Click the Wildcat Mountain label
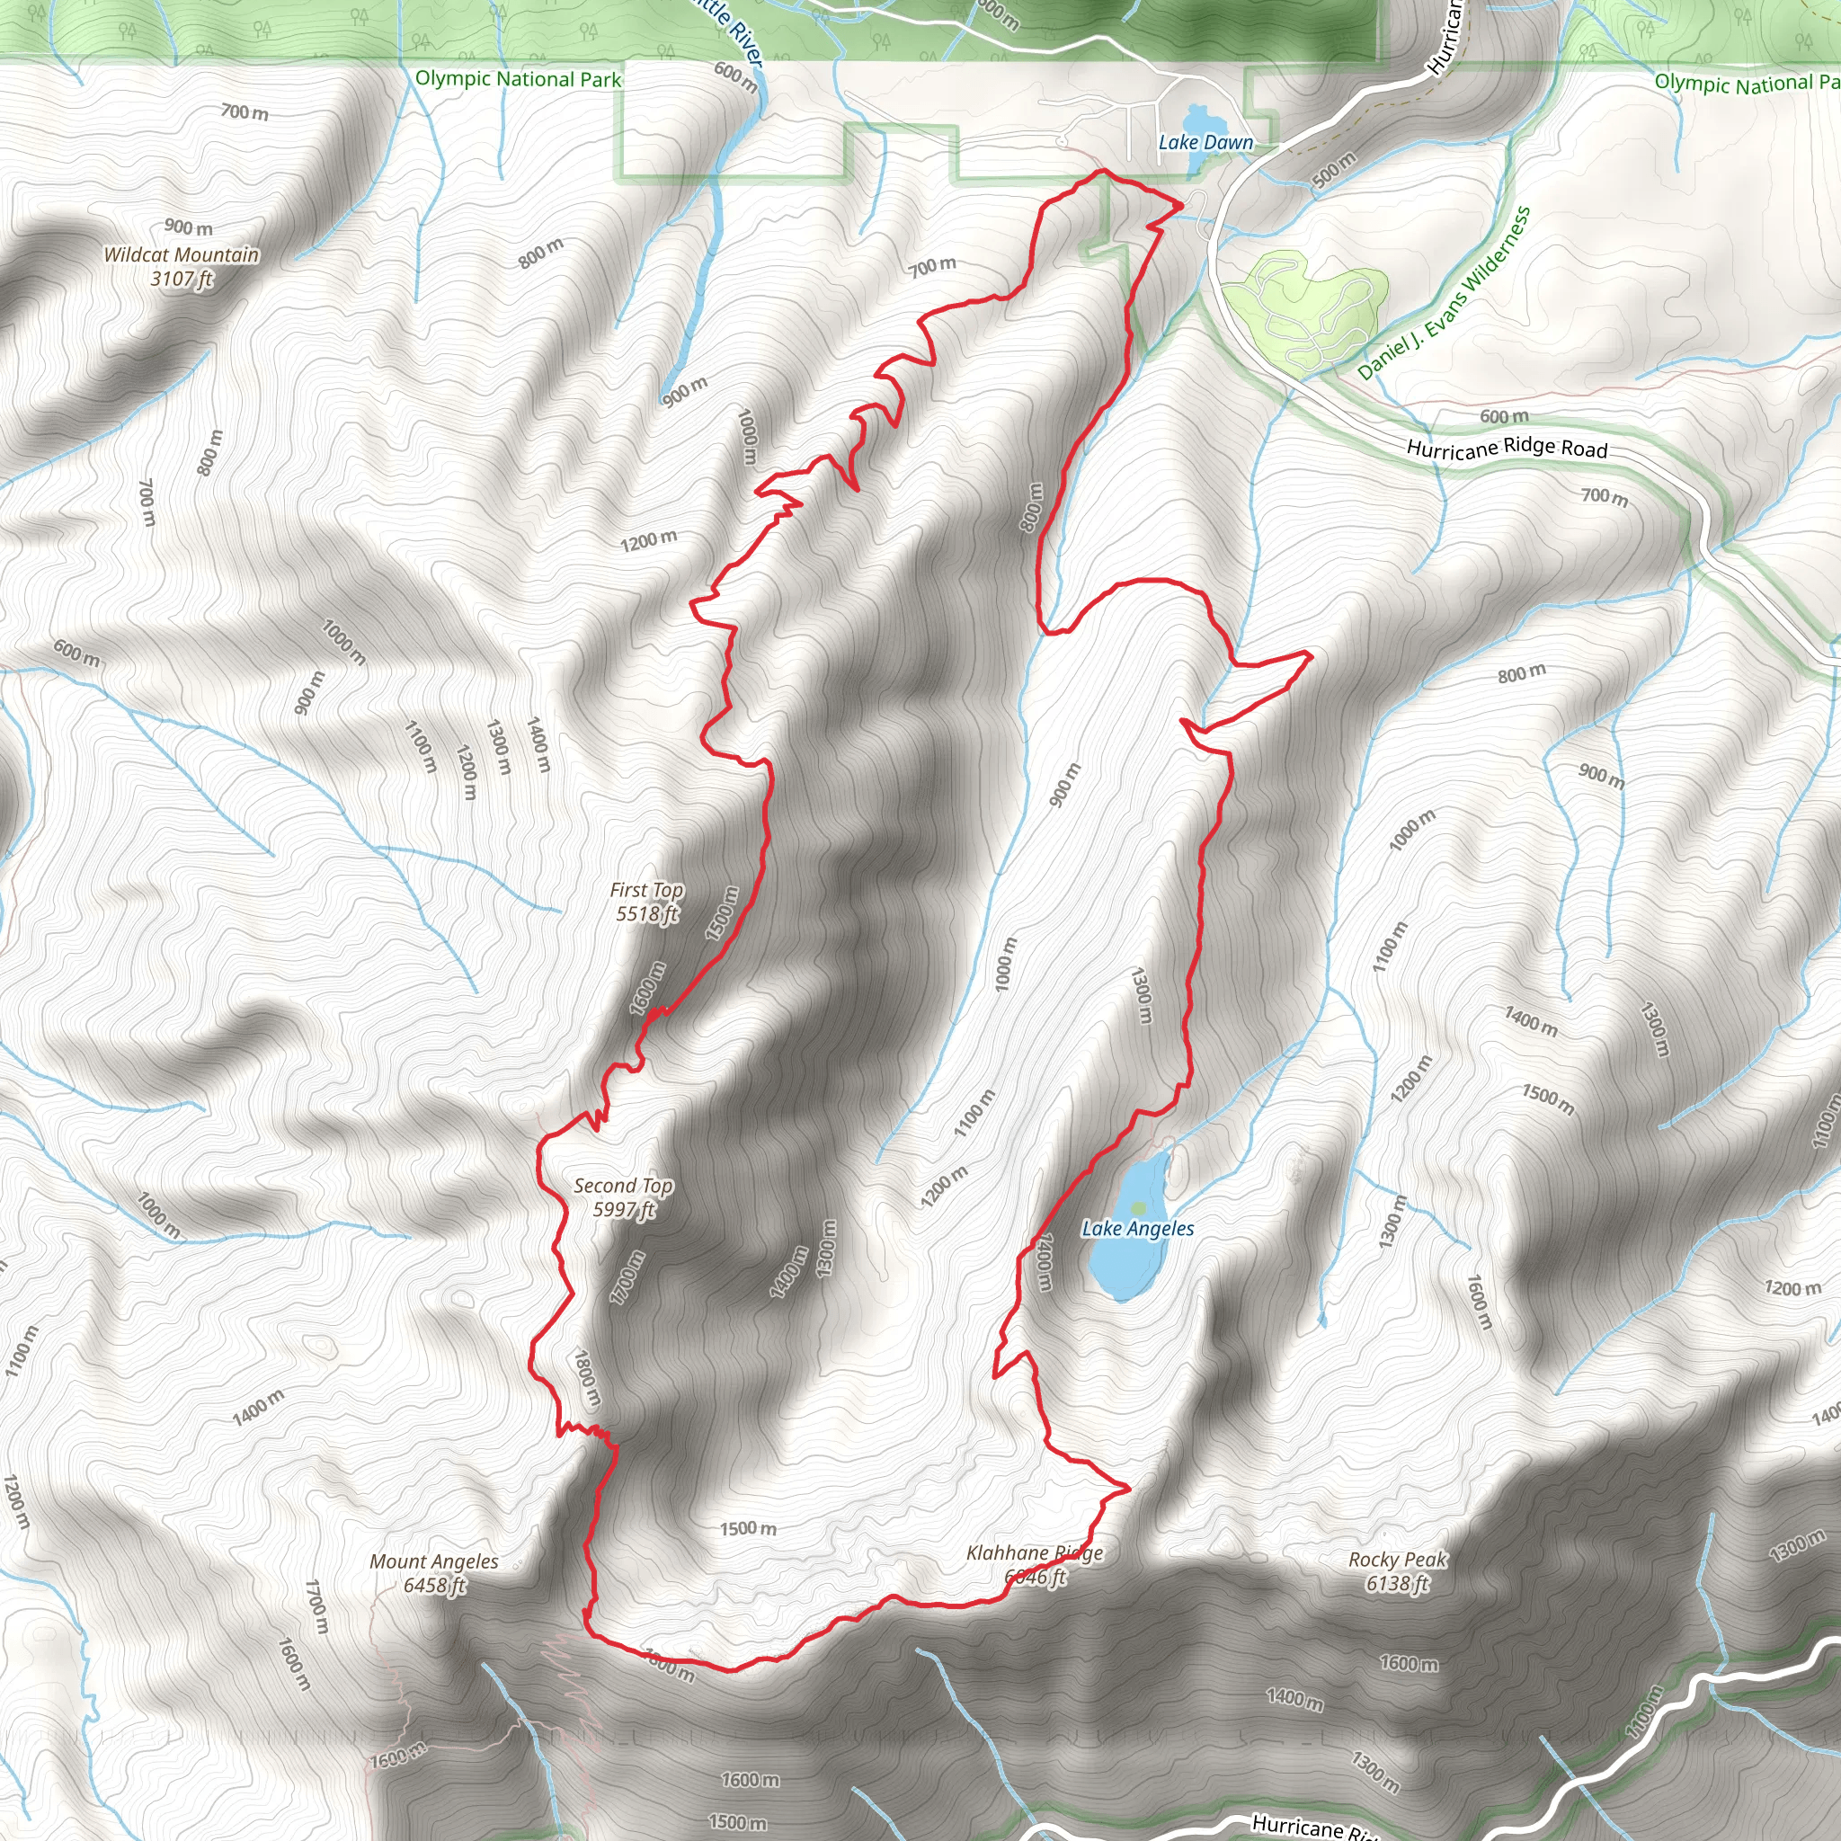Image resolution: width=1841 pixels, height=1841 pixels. (x=181, y=254)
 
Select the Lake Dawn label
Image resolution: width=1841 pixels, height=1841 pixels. (x=1205, y=143)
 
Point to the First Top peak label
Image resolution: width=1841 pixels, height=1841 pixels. (x=647, y=890)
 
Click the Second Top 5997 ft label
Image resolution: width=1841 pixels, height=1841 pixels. (x=623, y=1197)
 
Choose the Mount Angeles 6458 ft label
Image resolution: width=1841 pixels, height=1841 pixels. (x=433, y=1573)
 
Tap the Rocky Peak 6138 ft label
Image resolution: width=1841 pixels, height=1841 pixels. (x=1397, y=1571)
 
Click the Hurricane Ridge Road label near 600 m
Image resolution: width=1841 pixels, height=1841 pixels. (x=1507, y=448)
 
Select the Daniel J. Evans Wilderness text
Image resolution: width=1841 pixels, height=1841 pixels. (x=1444, y=293)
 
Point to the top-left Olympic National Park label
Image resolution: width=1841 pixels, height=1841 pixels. (x=519, y=79)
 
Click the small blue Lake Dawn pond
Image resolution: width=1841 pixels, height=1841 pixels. (x=1195, y=121)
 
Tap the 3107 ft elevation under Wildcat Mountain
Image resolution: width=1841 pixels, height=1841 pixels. (x=181, y=279)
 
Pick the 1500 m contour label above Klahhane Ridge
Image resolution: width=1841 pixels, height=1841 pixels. (x=748, y=1528)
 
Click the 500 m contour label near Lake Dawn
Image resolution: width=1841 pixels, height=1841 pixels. (x=1333, y=170)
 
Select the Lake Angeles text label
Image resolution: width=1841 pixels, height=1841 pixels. (x=1137, y=1229)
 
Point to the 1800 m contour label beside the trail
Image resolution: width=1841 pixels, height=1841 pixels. (x=587, y=1377)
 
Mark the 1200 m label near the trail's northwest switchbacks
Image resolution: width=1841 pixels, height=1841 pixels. (x=649, y=541)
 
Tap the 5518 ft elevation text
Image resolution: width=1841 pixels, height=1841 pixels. (x=647, y=914)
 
